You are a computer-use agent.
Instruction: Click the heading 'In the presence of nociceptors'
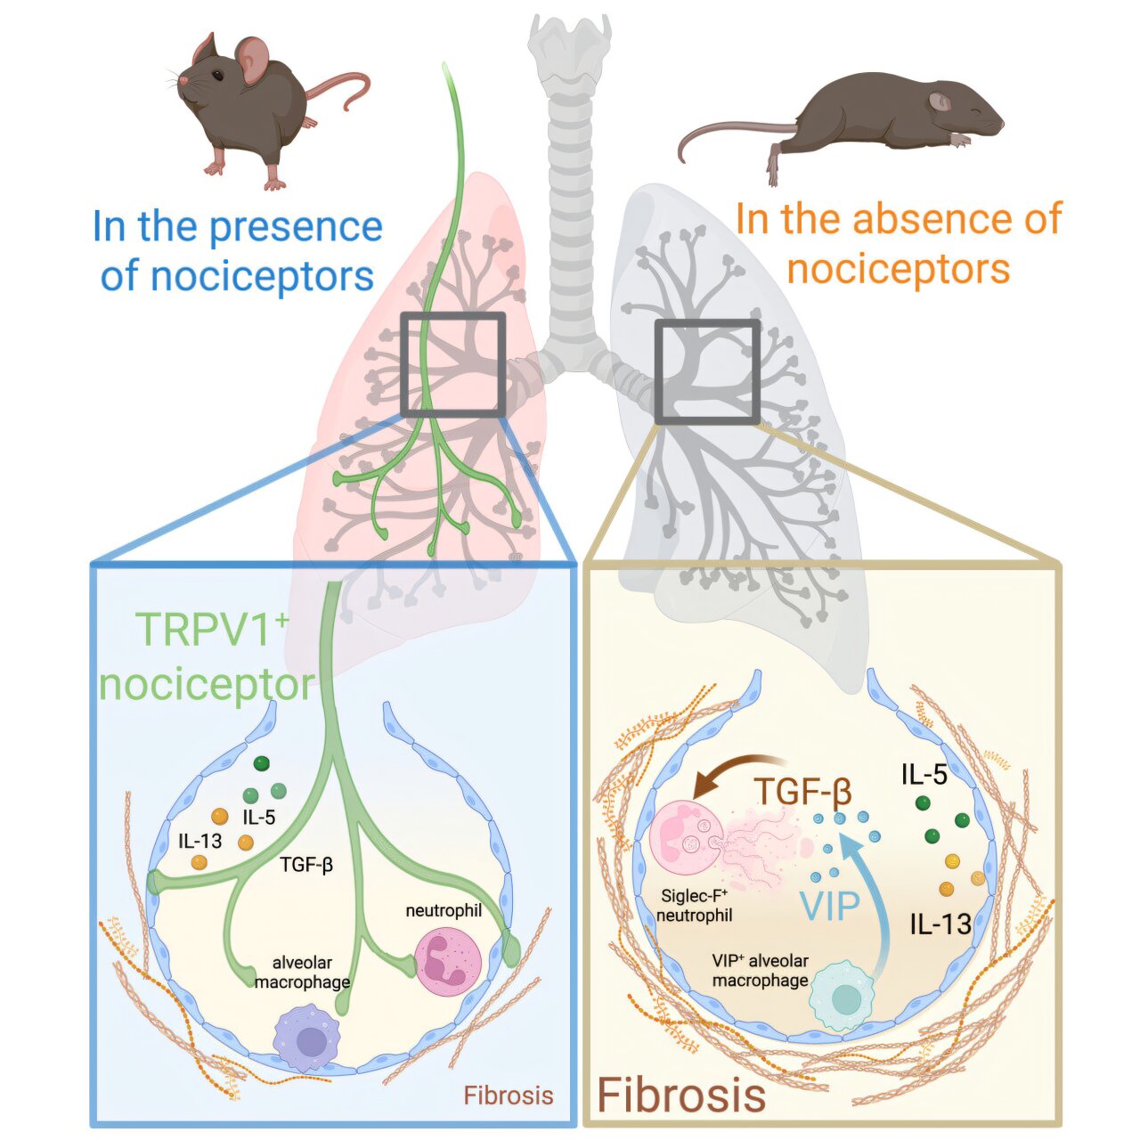(x=237, y=251)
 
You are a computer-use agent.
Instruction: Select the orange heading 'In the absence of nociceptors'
(x=899, y=242)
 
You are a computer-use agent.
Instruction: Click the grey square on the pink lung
(x=453, y=364)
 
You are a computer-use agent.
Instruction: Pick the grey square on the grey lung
(x=707, y=371)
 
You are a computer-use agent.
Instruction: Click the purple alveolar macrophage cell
(x=307, y=1038)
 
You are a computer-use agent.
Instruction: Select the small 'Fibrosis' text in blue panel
(x=509, y=1095)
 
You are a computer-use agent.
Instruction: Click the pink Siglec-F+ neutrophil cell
(x=689, y=843)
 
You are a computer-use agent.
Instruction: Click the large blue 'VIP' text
(x=830, y=906)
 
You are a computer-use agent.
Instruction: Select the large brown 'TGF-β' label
(x=802, y=792)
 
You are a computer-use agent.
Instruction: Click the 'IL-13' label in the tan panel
(x=940, y=924)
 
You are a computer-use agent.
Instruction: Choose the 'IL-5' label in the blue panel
(x=259, y=817)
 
